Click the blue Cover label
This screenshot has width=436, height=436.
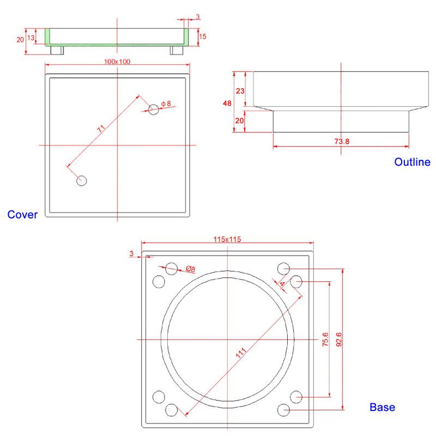pyautogui.click(x=22, y=215)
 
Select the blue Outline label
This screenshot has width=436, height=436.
pyautogui.click(x=412, y=162)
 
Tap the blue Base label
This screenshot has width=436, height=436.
pyautogui.click(x=382, y=407)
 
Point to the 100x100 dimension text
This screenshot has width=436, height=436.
pyautogui.click(x=117, y=62)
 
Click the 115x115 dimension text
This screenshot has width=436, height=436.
pyautogui.click(x=227, y=239)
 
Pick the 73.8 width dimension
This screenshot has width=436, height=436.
pyautogui.click(x=341, y=142)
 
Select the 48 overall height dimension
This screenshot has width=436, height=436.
pyautogui.click(x=227, y=103)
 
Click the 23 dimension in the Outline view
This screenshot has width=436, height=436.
pyautogui.click(x=239, y=91)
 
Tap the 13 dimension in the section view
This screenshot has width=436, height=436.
pyautogui.click(x=31, y=37)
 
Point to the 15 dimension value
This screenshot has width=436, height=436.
pyautogui.click(x=203, y=36)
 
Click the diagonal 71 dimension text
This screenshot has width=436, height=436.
pyautogui.click(x=101, y=129)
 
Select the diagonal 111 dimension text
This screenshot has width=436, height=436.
pyautogui.click(x=240, y=353)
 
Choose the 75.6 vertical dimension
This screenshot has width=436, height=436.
pyautogui.click(x=325, y=340)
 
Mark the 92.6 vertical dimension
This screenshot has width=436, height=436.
pyautogui.click(x=339, y=340)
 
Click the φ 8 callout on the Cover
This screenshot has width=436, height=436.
pyautogui.click(x=166, y=103)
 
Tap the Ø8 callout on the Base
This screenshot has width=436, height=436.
pyautogui.click(x=190, y=269)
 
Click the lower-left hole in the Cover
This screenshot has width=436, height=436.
pyautogui.click(x=82, y=180)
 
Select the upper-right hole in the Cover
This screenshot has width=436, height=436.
pyautogui.click(x=154, y=109)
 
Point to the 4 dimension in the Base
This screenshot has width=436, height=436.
pyautogui.click(x=282, y=284)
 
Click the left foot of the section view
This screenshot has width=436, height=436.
pyautogui.click(x=57, y=50)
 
